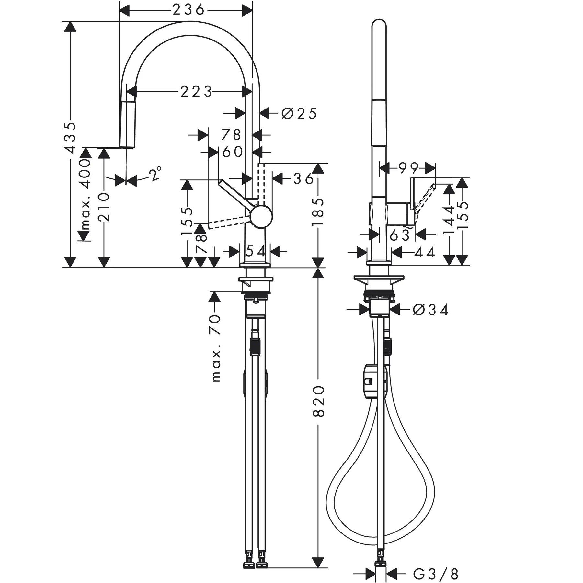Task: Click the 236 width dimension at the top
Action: [188, 10]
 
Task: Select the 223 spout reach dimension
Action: [196, 92]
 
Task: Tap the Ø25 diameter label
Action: [299, 113]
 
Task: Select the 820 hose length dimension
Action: [319, 401]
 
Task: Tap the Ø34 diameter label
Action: [431, 310]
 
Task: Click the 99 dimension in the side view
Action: [408, 168]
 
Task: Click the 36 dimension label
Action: [303, 178]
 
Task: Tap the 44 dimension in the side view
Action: [425, 252]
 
